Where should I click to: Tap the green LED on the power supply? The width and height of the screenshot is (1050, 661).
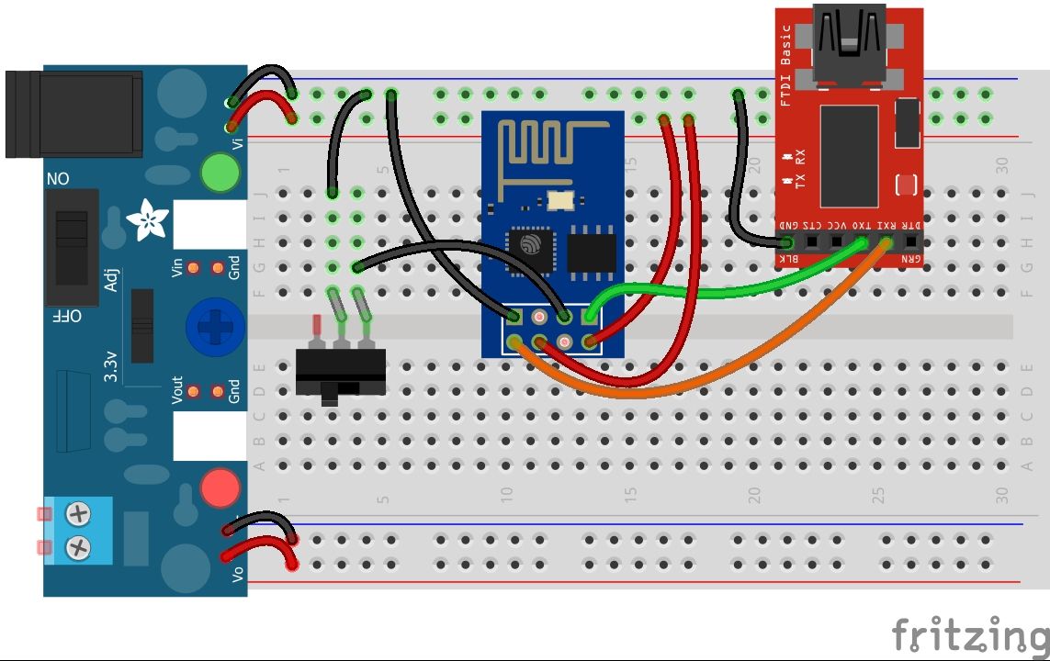coord(220,173)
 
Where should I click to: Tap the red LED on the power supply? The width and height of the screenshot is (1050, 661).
coord(220,487)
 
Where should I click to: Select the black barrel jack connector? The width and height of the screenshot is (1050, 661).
coord(73,113)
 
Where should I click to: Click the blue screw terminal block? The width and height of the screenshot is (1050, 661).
coord(78,531)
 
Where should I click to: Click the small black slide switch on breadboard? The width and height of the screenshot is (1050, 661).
coord(340,372)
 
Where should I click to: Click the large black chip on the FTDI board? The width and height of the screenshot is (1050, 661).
coord(849,155)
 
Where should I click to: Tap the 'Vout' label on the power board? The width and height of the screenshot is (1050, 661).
coord(177,391)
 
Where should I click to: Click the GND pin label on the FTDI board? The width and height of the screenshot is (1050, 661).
coord(788,225)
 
